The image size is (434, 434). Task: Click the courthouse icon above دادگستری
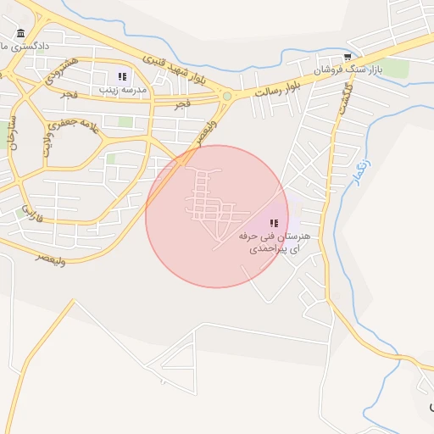(20, 33)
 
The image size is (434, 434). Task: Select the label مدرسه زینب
(124, 89)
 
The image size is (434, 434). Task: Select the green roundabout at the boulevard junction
(226, 97)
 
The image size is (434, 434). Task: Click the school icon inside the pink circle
(273, 222)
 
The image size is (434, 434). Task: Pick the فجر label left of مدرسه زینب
(69, 94)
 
